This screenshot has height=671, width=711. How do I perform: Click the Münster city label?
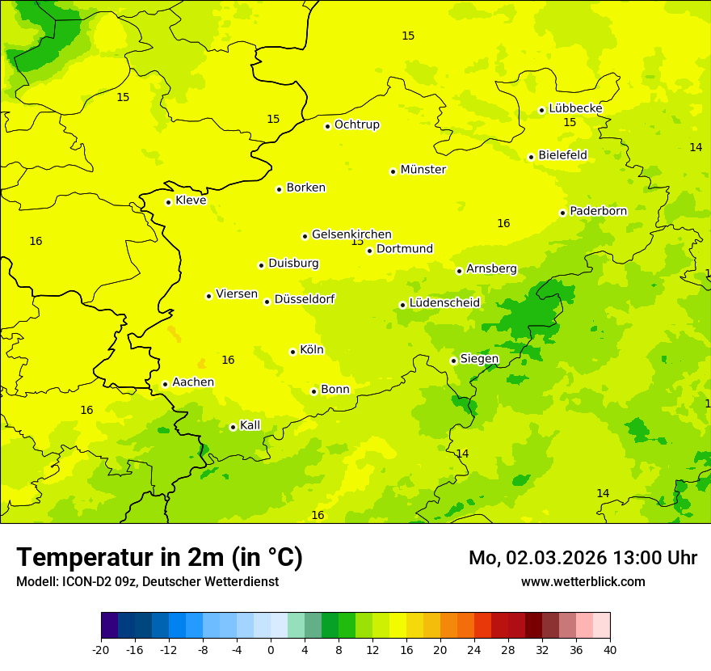pyautogui.click(x=423, y=170)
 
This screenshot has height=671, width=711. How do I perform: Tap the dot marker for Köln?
pyautogui.click(x=292, y=352)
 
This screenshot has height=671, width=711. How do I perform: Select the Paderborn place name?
pyautogui.click(x=598, y=211)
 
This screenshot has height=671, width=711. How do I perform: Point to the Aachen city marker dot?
pyautogui.click(x=165, y=384)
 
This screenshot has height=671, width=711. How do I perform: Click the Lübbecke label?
pyautogui.click(x=575, y=108)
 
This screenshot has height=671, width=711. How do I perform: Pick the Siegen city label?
pyautogui.click(x=479, y=359)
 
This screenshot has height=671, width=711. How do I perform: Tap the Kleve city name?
pyautogui.click(x=191, y=200)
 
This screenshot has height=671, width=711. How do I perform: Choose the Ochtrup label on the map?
pyautogui.click(x=356, y=124)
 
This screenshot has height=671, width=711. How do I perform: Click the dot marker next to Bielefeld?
pyautogui.click(x=531, y=157)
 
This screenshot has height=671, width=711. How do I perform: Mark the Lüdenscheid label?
pyautogui.click(x=444, y=303)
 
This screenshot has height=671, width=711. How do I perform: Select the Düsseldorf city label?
pyautogui.click(x=304, y=299)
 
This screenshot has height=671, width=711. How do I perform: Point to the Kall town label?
pyautogui.click(x=250, y=425)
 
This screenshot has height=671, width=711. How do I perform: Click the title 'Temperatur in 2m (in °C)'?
pyautogui.click(x=159, y=557)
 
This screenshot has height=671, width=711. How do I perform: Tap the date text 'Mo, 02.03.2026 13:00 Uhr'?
pyautogui.click(x=583, y=558)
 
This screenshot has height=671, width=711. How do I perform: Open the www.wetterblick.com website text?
pyautogui.click(x=583, y=581)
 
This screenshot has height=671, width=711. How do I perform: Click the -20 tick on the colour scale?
pyautogui.click(x=101, y=649)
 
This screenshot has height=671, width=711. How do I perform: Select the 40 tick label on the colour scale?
pyautogui.click(x=610, y=649)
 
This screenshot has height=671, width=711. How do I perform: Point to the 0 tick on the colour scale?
pyautogui.click(x=271, y=649)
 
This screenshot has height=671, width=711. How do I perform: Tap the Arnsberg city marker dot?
pyautogui.click(x=459, y=271)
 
